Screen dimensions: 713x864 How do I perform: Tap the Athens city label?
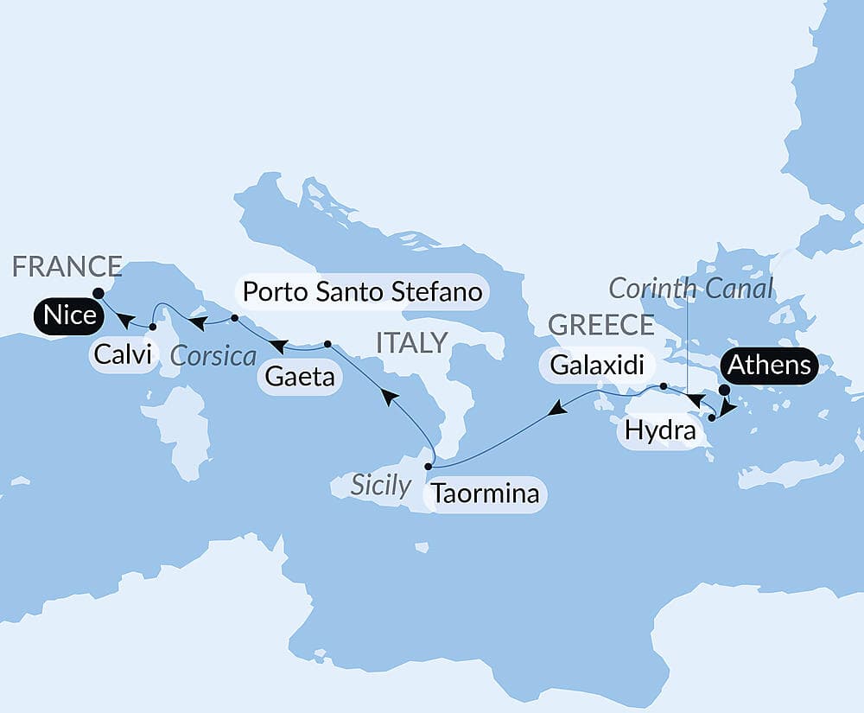(770, 366)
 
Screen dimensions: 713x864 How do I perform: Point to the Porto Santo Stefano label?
(362, 292)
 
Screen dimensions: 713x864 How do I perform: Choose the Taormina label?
(485, 494)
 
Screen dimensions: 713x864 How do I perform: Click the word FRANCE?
(67, 267)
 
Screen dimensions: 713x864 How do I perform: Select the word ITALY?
(411, 342)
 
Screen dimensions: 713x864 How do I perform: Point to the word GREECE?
(600, 325)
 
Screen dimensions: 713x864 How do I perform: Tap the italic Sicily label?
(380, 485)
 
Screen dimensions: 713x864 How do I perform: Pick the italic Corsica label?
(213, 355)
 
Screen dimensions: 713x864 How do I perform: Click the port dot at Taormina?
(429, 466)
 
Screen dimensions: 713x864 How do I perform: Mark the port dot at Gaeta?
(327, 344)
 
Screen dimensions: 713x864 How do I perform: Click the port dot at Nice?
(98, 293)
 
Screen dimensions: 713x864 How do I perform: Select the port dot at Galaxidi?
(663, 386)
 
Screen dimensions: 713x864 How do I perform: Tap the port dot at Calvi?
(152, 327)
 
